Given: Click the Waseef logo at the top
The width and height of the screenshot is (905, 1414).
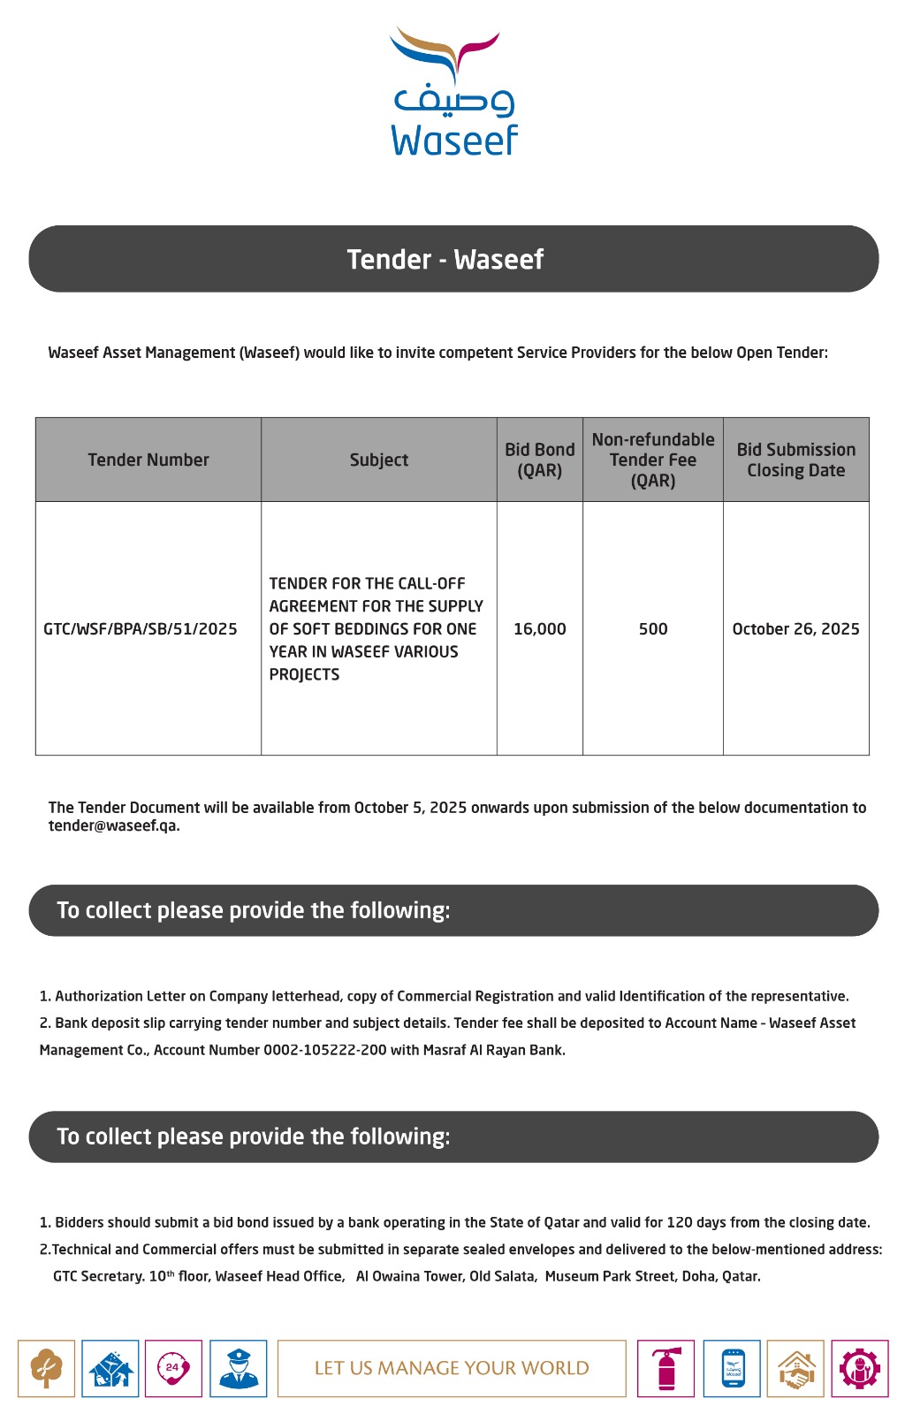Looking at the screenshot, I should pyautogui.click(x=453, y=93).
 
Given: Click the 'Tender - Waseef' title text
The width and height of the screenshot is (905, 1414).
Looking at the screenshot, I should pyautogui.click(x=445, y=259).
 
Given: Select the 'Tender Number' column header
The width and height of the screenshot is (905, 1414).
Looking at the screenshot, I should pyautogui.click(x=148, y=460).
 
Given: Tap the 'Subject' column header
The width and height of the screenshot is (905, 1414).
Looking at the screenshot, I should pyautogui.click(x=378, y=460).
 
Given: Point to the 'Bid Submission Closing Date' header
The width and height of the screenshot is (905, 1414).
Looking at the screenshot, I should pyautogui.click(x=795, y=460).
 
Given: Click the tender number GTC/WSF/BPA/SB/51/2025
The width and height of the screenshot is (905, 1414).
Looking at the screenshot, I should pyautogui.click(x=141, y=629).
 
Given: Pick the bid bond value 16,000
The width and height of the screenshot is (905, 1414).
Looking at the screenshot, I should pyautogui.click(x=539, y=629).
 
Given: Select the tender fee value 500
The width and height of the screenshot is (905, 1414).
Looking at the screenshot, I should pyautogui.click(x=653, y=629).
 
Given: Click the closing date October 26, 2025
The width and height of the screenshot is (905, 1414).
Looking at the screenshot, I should pyautogui.click(x=795, y=629).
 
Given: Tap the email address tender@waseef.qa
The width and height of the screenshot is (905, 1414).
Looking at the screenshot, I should pyautogui.click(x=113, y=825).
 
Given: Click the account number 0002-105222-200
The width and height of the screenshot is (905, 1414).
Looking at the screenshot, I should pyautogui.click(x=324, y=1050).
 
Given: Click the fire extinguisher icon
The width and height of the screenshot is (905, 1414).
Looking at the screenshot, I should pyautogui.click(x=666, y=1369).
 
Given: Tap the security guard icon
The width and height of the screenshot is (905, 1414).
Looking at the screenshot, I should pyautogui.click(x=238, y=1369).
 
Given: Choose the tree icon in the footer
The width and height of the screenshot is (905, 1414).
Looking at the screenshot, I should pyautogui.click(x=46, y=1369).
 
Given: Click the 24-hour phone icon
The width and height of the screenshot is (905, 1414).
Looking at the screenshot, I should pyautogui.click(x=173, y=1369).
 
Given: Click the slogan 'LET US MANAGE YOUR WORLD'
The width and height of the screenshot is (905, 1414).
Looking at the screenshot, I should pyautogui.click(x=452, y=1368).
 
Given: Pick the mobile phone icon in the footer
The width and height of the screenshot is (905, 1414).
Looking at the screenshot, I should pyautogui.click(x=732, y=1369).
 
